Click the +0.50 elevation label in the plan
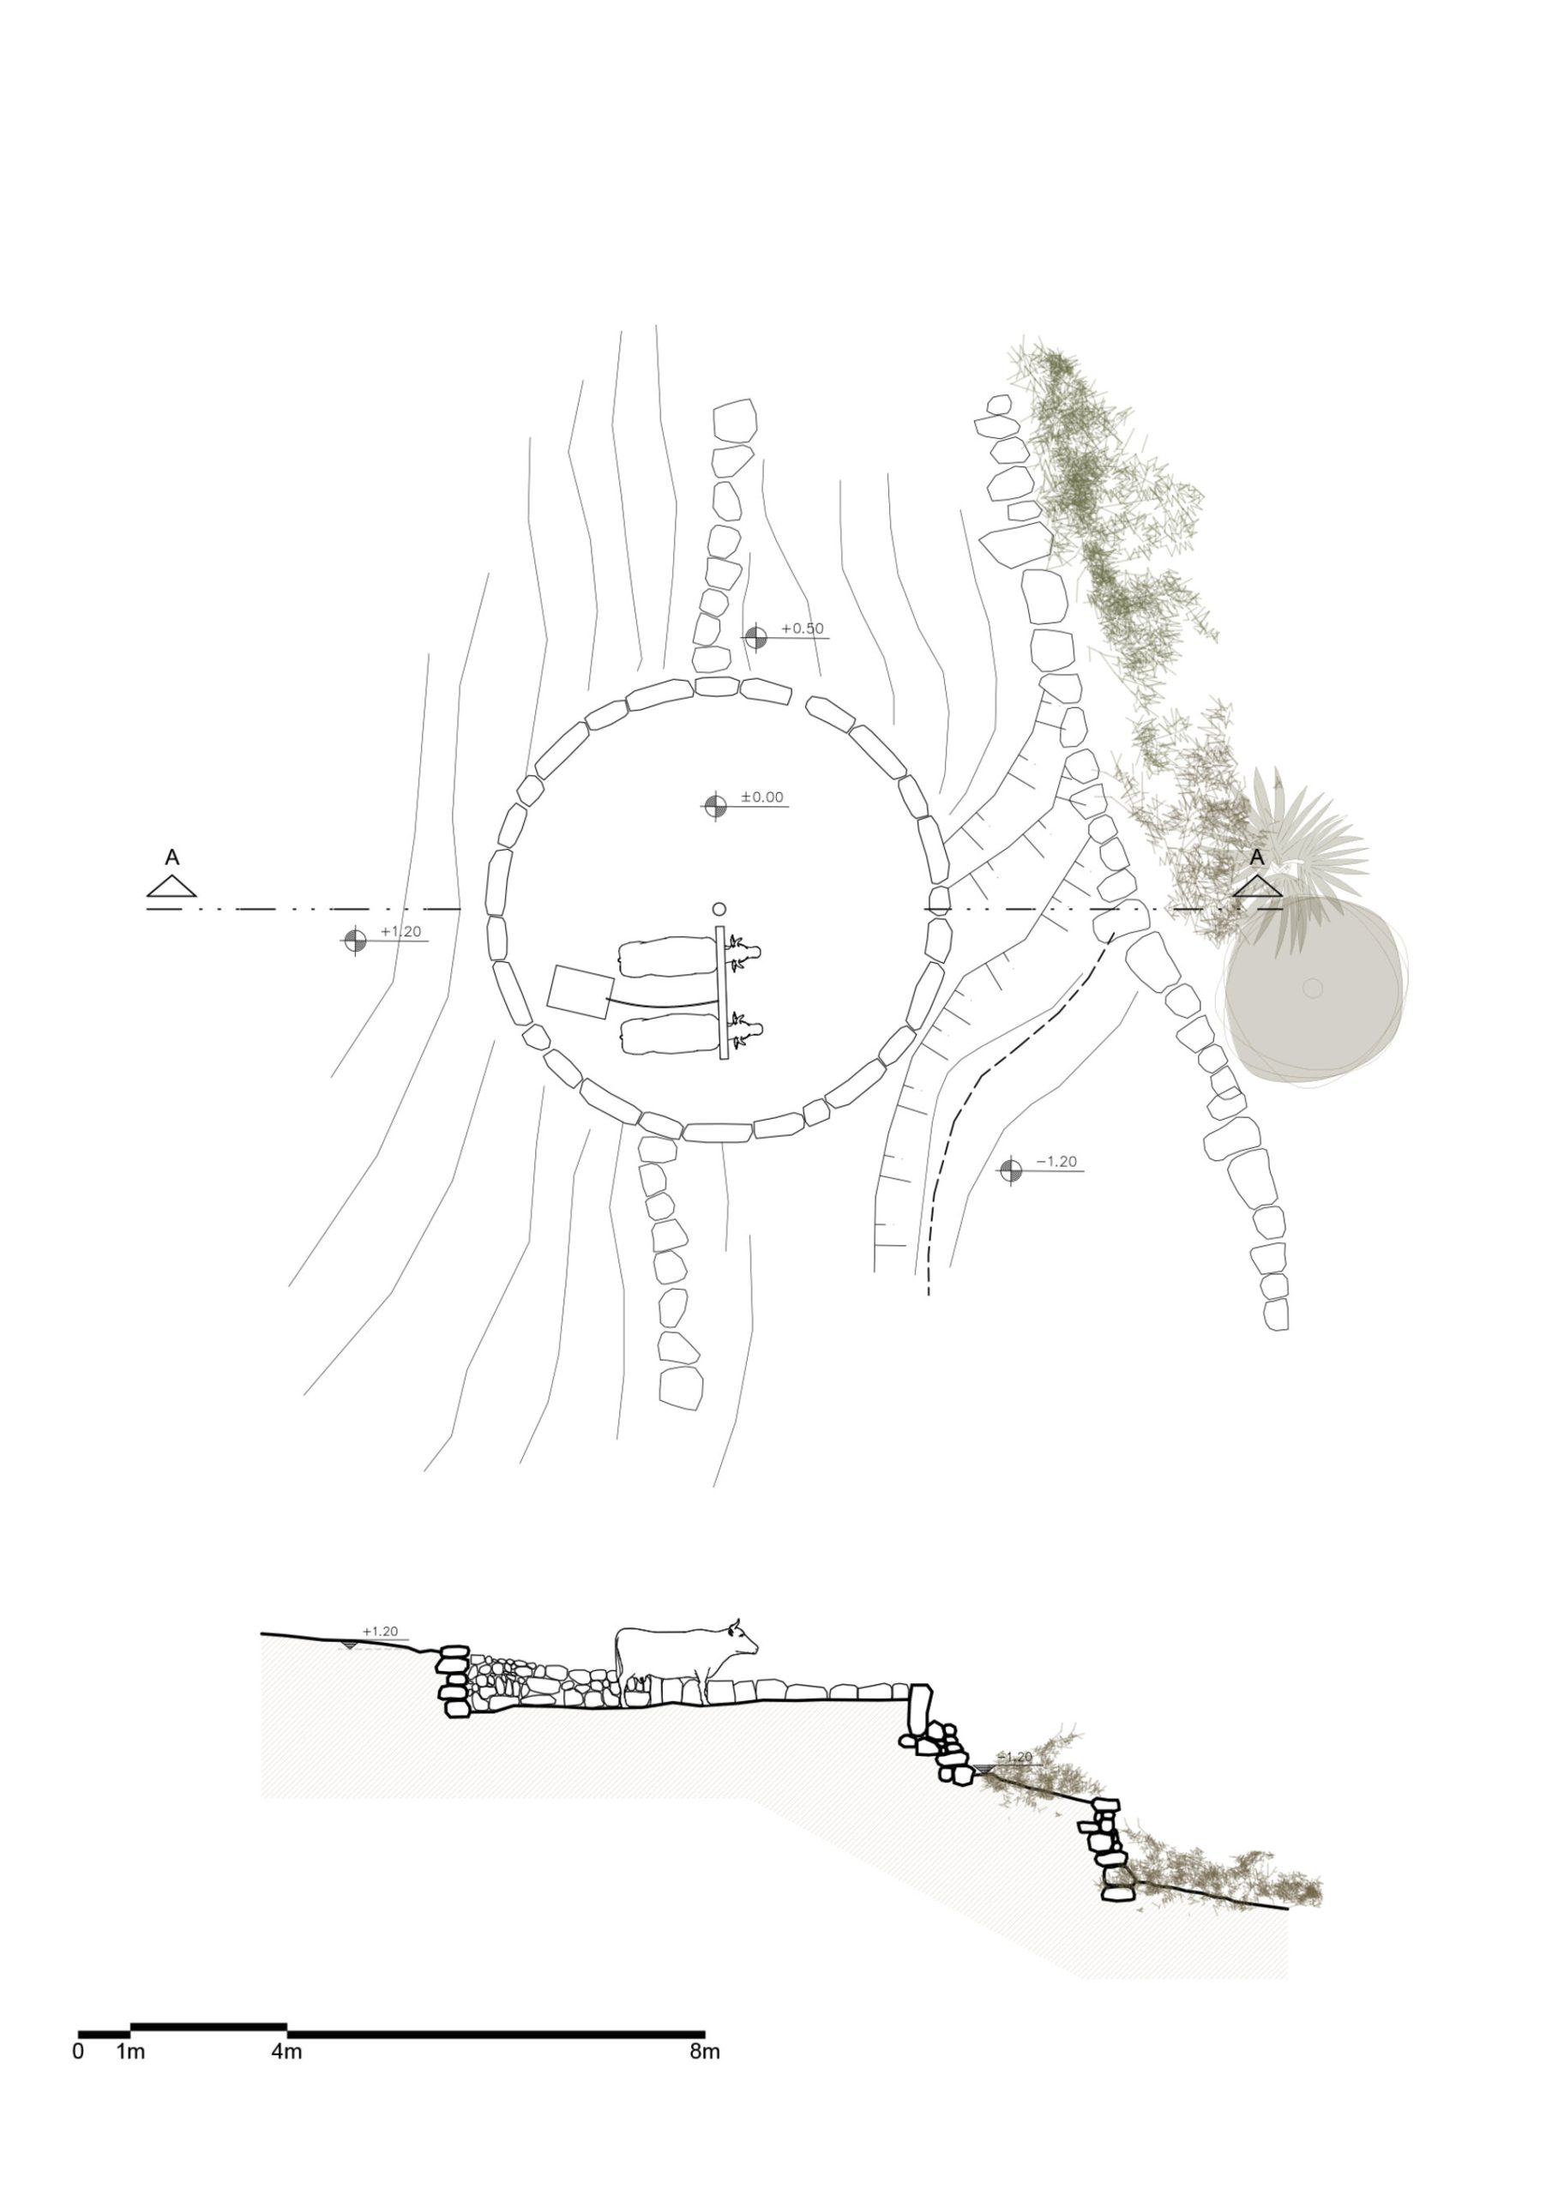(x=803, y=628)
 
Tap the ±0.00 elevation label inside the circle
(x=762, y=797)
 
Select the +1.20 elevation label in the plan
(x=400, y=931)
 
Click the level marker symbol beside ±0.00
(x=715, y=806)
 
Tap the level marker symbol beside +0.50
(x=755, y=637)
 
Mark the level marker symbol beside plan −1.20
(x=1011, y=1170)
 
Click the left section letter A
(x=172, y=857)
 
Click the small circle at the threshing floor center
(x=719, y=909)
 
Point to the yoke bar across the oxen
(x=722, y=992)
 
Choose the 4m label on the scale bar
(x=286, y=2052)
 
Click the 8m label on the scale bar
(x=705, y=2052)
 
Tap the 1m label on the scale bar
(x=131, y=2052)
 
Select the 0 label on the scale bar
(x=78, y=2052)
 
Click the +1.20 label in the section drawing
(x=380, y=1631)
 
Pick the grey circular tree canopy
(x=1314, y=988)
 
